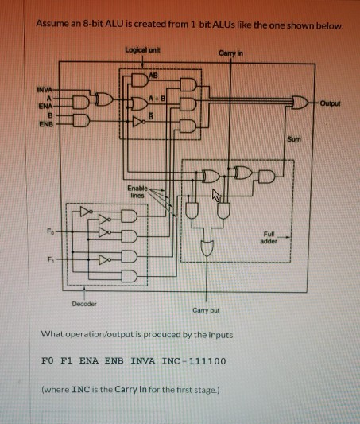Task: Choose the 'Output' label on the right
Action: (331, 102)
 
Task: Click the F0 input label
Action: (50, 231)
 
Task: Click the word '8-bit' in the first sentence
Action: (89, 26)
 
